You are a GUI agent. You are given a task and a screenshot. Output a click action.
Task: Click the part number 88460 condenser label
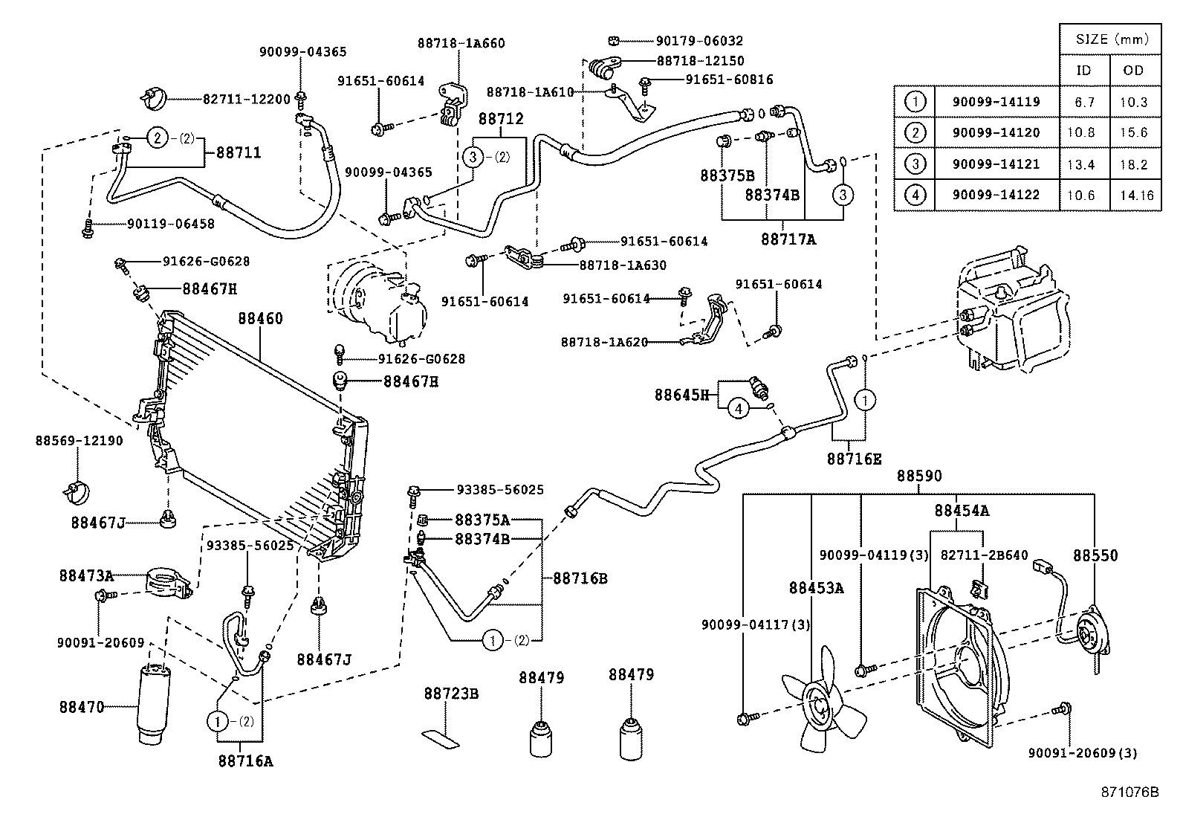(x=260, y=319)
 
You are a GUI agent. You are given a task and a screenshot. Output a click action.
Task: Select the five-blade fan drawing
(x=821, y=704)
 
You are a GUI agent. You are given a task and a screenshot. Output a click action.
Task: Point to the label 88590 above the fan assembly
(x=918, y=476)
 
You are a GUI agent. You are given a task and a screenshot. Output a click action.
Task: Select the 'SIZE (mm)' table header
(x=1110, y=39)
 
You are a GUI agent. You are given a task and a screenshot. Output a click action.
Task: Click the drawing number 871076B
(x=1129, y=792)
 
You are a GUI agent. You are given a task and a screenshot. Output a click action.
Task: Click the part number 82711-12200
(x=246, y=99)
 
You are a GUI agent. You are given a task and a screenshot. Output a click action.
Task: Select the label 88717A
(x=788, y=239)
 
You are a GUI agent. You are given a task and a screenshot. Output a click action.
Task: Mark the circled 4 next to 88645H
(x=738, y=409)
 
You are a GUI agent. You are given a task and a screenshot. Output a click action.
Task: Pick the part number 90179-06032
(x=699, y=42)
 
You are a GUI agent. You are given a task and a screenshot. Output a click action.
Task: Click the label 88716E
(x=854, y=459)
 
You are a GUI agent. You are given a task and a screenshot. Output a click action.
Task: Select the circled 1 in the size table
(x=915, y=102)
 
